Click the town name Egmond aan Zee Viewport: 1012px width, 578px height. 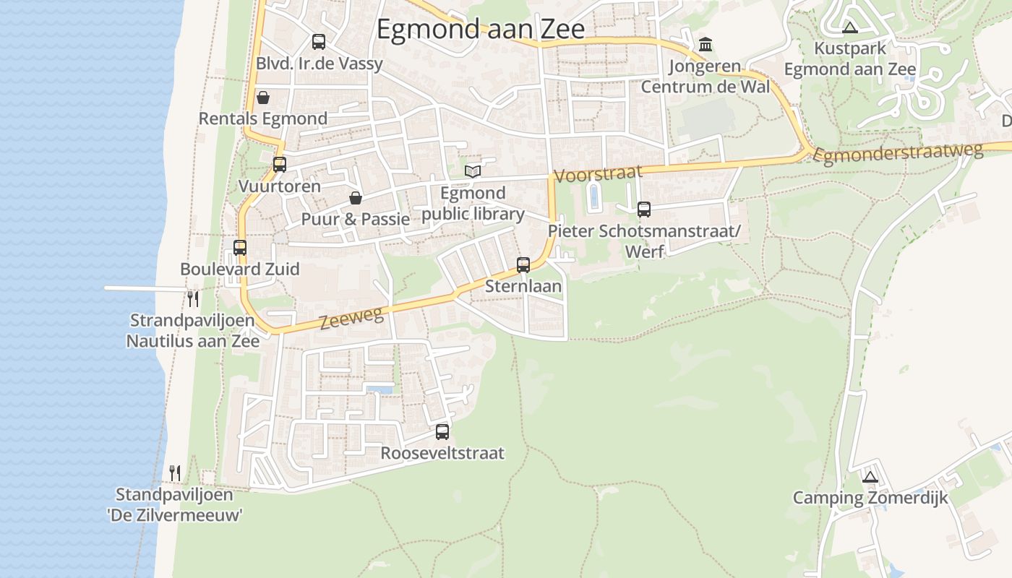pyautogui.click(x=481, y=29)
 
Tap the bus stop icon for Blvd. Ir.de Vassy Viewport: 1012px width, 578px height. pyautogui.click(x=318, y=42)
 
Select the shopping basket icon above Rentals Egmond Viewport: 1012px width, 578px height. pyautogui.click(x=263, y=98)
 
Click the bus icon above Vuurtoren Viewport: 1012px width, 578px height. pyautogui.click(x=280, y=165)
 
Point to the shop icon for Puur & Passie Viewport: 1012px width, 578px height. pyautogui.click(x=356, y=198)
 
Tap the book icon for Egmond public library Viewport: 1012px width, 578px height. pyautogui.click(x=473, y=171)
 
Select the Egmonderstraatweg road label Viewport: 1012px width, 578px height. pyautogui.click(x=899, y=152)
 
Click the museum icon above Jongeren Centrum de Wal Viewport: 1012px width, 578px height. pyautogui.click(x=706, y=45)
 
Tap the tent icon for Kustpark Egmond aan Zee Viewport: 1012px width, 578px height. pyautogui.click(x=850, y=28)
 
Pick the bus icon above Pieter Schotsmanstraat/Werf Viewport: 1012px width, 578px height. pyautogui.click(x=643, y=210)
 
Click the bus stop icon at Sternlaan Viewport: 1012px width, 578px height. pyautogui.click(x=523, y=265)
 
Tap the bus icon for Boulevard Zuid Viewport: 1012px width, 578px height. pyautogui.click(x=240, y=248)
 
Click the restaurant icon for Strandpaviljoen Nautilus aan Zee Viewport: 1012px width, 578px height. pyautogui.click(x=193, y=298)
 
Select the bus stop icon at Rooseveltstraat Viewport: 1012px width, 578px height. pyautogui.click(x=442, y=432)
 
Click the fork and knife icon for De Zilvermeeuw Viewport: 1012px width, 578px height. pyautogui.click(x=175, y=473)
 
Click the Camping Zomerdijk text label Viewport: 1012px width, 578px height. pyautogui.click(x=870, y=498)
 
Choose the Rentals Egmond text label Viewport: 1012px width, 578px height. pyautogui.click(x=263, y=118)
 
